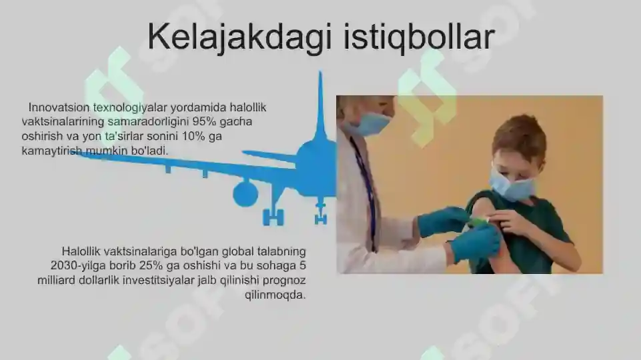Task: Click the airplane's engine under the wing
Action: coord(245,193)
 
